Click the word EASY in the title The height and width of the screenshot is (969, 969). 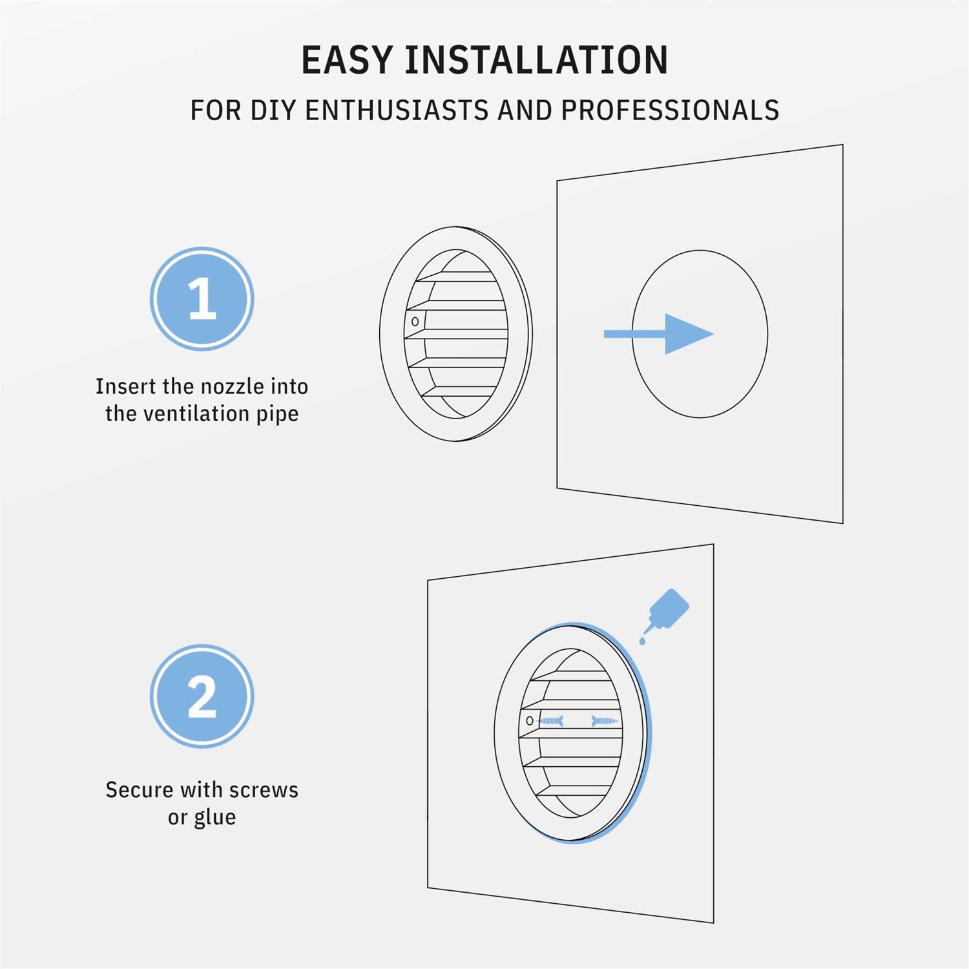coord(347,60)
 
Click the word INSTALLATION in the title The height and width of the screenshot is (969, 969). coord(536,60)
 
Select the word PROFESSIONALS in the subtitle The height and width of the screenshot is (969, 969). coord(670,110)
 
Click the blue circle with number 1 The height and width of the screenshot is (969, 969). coord(202,299)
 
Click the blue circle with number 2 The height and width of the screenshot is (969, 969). coord(202,696)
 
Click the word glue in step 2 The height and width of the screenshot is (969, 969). coord(215,818)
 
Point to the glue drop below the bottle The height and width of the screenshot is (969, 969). coord(642,641)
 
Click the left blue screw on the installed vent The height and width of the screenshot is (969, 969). coord(550,720)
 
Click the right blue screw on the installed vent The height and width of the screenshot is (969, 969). coord(605,720)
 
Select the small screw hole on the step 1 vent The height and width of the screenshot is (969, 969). coord(415,321)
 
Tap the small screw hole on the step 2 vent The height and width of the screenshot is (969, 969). coord(530,720)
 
